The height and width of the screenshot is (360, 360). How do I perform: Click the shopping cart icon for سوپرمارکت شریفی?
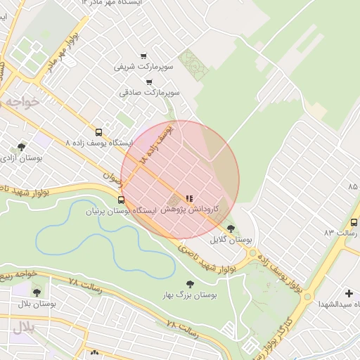[144, 56]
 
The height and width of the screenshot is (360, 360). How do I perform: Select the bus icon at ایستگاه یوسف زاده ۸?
[98, 131]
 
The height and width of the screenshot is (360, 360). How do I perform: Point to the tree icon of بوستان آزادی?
[22, 147]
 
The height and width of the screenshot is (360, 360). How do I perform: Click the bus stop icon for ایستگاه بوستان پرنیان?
[121, 200]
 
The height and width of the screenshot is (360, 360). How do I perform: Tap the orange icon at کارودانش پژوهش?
[188, 198]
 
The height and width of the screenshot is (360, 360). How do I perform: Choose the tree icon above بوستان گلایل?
[231, 228]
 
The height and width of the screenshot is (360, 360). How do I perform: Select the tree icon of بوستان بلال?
[37, 292]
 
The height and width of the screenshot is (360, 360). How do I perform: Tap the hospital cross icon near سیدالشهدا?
[349, 292]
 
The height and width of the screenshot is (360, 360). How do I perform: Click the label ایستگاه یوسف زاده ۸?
[98, 143]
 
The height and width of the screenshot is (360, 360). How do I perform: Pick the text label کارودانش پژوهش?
[190, 210]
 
